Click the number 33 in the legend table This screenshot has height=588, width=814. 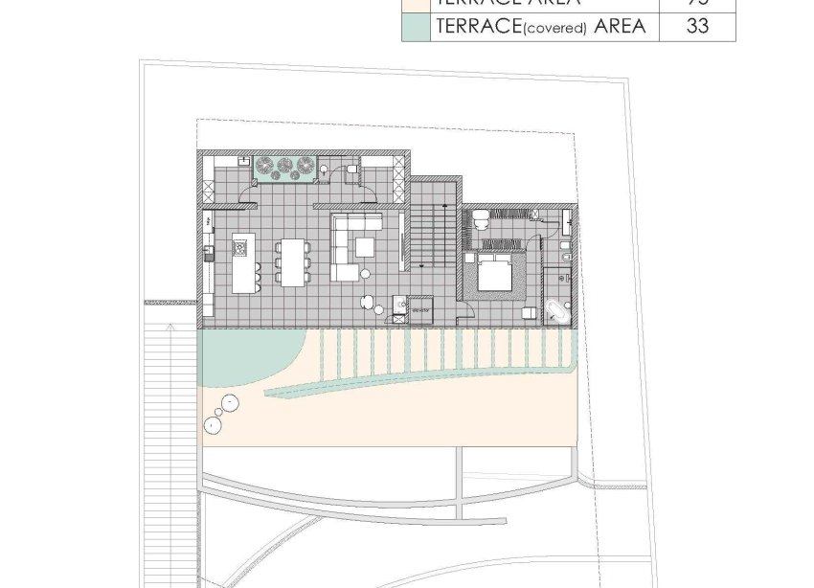698,26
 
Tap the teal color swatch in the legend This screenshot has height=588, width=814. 417,26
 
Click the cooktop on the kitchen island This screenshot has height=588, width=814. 239,251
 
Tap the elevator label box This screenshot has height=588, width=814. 420,308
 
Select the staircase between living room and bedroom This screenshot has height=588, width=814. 432,238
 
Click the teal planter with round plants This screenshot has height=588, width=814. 283,167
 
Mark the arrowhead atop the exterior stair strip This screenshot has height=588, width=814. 170,327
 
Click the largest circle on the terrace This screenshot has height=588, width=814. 229,401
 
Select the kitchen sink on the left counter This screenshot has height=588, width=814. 207,254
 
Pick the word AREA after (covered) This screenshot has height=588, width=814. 620,26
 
